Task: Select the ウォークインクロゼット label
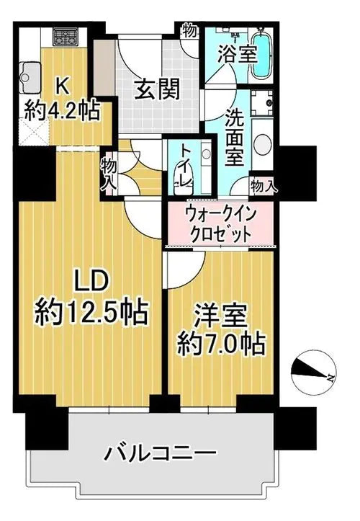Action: tap(220, 223)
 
